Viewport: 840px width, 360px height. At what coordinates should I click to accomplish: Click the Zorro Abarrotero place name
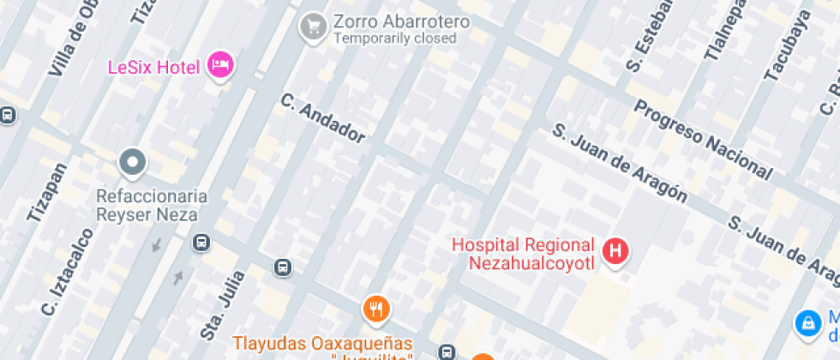[x=401, y=21]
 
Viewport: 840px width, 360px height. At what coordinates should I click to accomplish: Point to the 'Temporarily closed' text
[x=394, y=39]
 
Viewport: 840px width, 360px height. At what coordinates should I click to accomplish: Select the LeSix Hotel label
[x=153, y=67]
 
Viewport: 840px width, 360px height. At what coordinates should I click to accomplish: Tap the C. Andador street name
[x=323, y=117]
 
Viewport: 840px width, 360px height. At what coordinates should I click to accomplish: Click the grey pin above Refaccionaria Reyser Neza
[x=132, y=161]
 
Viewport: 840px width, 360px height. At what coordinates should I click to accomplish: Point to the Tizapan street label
[x=46, y=193]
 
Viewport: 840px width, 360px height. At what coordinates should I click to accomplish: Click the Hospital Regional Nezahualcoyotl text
[x=523, y=254]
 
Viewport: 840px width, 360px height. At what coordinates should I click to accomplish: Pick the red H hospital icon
[x=615, y=251]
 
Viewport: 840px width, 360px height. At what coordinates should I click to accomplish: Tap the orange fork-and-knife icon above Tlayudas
[x=375, y=309]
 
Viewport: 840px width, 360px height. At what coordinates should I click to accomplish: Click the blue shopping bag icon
[x=807, y=322]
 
